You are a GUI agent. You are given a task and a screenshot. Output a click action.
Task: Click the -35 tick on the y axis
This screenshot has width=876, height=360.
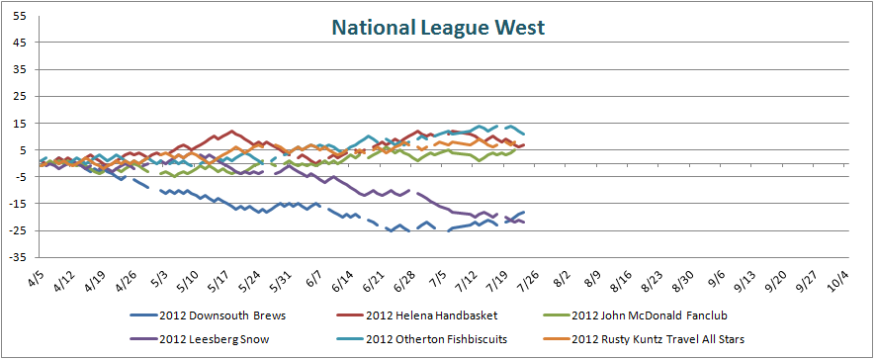pos(17,257)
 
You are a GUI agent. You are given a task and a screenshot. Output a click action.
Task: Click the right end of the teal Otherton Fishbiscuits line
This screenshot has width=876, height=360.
pos(523,134)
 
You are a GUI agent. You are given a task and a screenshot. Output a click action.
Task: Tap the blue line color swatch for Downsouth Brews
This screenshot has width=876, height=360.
pos(142,315)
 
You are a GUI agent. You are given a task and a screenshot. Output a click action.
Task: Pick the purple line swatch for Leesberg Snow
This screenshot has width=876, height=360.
pos(142,340)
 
